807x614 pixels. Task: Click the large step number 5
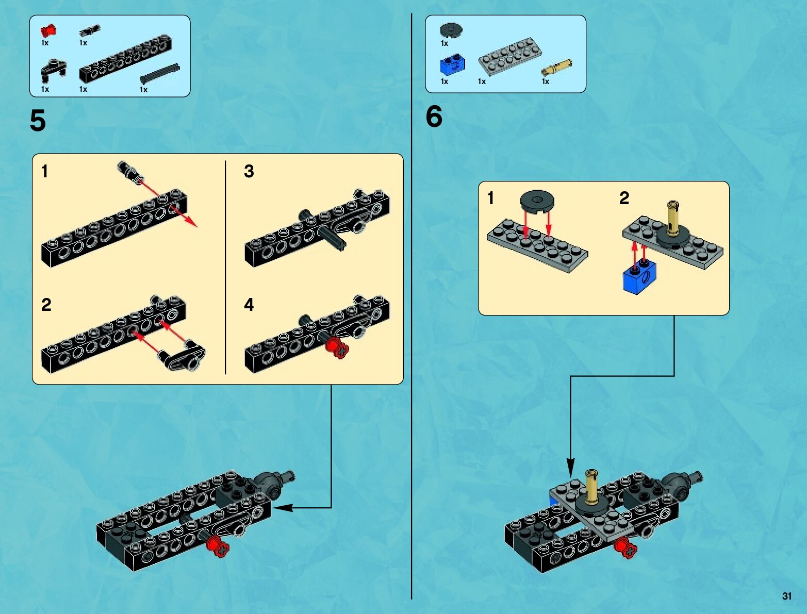click(38, 121)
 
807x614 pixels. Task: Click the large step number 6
click(434, 117)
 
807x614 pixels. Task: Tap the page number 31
click(786, 596)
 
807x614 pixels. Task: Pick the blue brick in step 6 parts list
click(452, 64)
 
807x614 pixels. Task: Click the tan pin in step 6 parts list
click(556, 68)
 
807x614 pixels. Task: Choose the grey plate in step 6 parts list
click(509, 56)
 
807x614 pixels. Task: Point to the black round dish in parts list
click(451, 30)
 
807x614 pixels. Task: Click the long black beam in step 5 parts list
click(125, 58)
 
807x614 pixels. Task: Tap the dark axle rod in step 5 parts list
click(159, 74)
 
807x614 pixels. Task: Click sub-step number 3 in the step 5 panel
click(249, 171)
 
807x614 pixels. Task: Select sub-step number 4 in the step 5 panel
click(249, 305)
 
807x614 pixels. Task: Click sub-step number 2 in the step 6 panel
click(624, 198)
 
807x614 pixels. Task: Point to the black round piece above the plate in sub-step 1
click(537, 200)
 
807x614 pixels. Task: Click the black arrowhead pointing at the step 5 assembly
click(283, 508)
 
